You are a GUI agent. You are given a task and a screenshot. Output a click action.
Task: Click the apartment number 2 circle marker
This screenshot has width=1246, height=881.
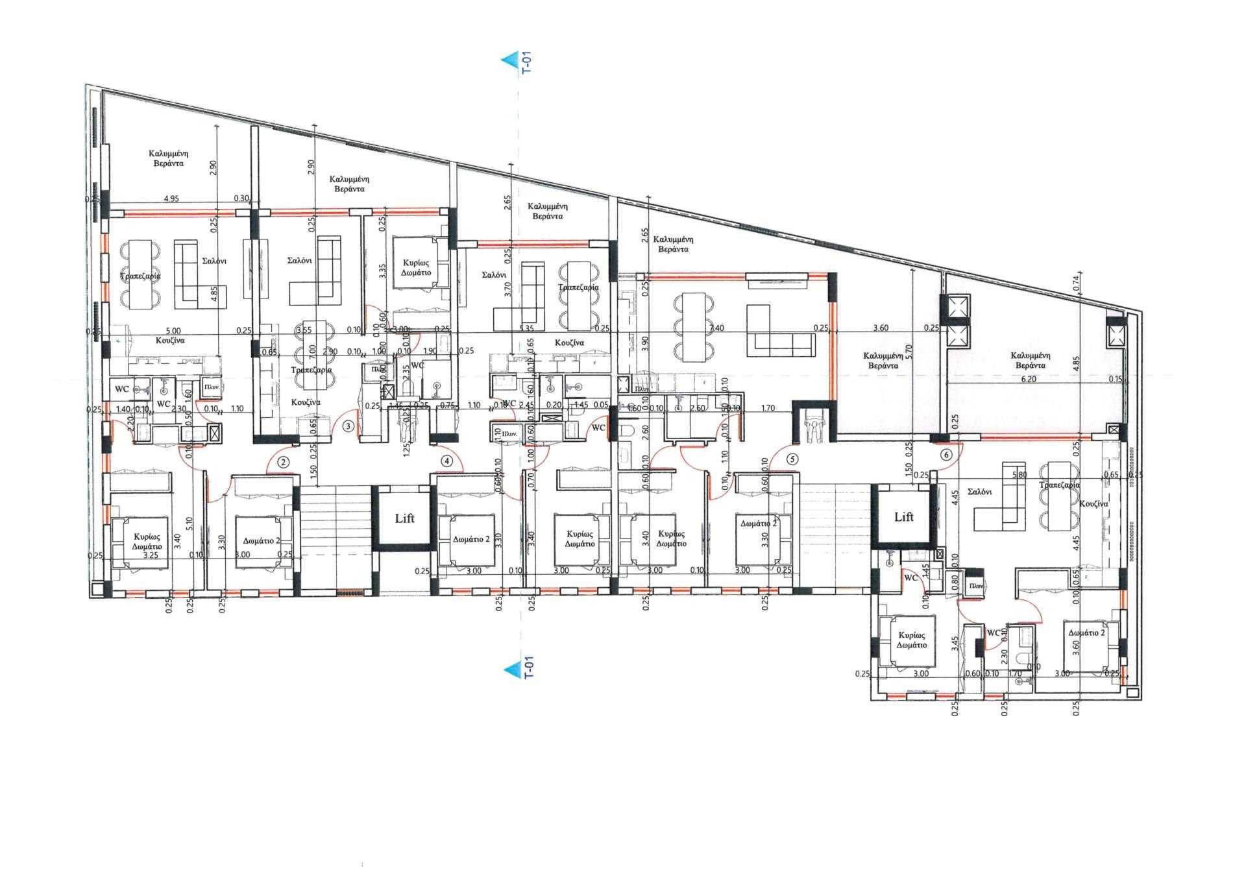[283, 463]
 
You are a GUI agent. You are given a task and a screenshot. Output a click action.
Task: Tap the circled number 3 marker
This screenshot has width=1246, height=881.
[348, 426]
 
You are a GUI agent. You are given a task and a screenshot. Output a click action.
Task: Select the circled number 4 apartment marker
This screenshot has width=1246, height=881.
[446, 462]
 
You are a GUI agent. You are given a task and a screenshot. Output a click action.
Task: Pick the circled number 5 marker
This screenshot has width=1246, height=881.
[791, 458]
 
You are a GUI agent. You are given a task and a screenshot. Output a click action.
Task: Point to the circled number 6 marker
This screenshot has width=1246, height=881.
[946, 455]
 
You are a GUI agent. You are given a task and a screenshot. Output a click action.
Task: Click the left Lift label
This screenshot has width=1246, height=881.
[405, 518]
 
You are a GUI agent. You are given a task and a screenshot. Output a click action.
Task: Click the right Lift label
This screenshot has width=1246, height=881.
[904, 517]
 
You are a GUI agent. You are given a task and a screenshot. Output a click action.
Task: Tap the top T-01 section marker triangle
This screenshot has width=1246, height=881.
[508, 61]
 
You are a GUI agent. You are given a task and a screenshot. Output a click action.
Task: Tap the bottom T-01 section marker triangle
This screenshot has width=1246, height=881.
[508, 668]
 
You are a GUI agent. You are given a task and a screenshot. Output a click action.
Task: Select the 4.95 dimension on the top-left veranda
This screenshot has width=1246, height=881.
[171, 199]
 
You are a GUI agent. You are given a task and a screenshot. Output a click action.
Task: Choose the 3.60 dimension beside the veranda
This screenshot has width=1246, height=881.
[881, 328]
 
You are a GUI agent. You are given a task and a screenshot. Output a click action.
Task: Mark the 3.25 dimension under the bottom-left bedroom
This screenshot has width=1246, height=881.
[151, 555]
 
